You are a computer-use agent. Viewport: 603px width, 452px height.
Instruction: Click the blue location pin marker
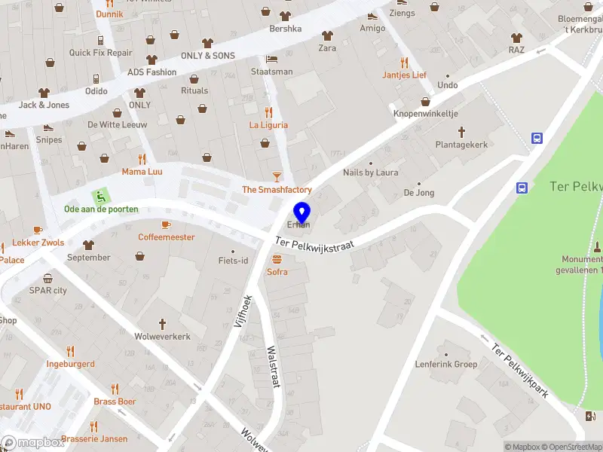click(301, 211)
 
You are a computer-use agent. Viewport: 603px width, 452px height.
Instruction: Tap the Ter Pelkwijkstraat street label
click(315, 245)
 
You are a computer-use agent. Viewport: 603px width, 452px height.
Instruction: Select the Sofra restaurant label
click(277, 272)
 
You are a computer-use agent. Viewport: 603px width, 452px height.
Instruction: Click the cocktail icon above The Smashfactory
click(277, 177)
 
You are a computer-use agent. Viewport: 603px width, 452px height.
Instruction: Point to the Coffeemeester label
click(166, 237)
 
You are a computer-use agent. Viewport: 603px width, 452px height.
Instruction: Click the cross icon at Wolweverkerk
click(162, 323)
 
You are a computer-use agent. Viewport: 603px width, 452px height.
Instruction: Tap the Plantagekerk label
click(462, 145)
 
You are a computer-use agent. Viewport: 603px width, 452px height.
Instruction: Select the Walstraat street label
click(274, 367)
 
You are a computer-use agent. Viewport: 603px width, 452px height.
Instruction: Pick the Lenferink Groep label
click(446, 365)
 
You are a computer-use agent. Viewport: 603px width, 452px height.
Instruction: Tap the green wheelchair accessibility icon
click(99, 196)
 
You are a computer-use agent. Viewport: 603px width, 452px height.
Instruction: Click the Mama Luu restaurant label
click(142, 172)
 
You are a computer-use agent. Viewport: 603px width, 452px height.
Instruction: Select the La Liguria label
click(269, 125)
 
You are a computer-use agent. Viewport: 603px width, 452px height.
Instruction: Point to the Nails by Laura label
click(370, 173)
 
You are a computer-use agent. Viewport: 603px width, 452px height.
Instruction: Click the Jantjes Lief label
click(404, 75)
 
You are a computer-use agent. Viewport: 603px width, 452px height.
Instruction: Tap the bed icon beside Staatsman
click(271, 59)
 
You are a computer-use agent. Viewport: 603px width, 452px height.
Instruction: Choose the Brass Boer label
click(115, 402)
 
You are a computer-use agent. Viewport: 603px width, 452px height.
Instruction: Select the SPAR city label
click(48, 290)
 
